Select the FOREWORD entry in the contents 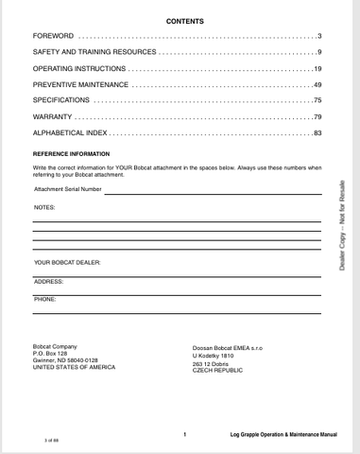(54, 36)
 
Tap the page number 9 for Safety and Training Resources (320, 52)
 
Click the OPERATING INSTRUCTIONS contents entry (78, 68)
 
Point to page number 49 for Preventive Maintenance (318, 84)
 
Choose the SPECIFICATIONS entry (61, 100)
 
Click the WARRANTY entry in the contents (54, 116)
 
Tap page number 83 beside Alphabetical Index (318, 132)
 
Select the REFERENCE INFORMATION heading (71, 153)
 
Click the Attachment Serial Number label (67, 189)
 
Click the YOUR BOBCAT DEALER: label (67, 262)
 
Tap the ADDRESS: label (48, 281)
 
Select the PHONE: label (45, 299)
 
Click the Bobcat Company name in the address (55, 347)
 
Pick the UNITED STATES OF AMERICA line (74, 367)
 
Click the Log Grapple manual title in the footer (283, 434)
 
